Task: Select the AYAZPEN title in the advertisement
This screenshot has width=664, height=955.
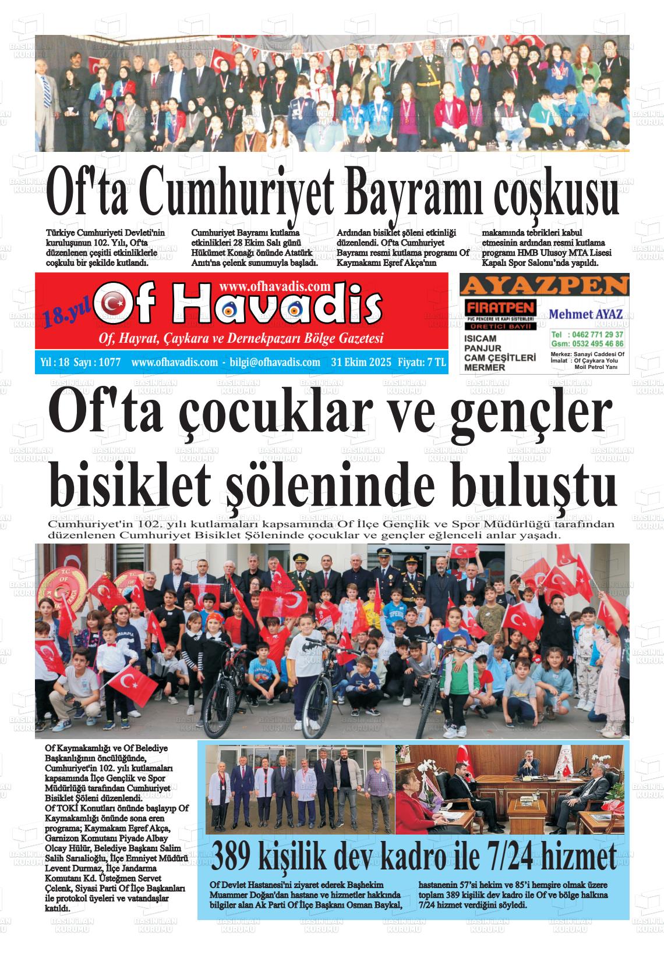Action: pyautogui.click(x=544, y=286)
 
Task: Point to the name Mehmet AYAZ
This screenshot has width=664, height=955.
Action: pyautogui.click(x=586, y=314)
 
